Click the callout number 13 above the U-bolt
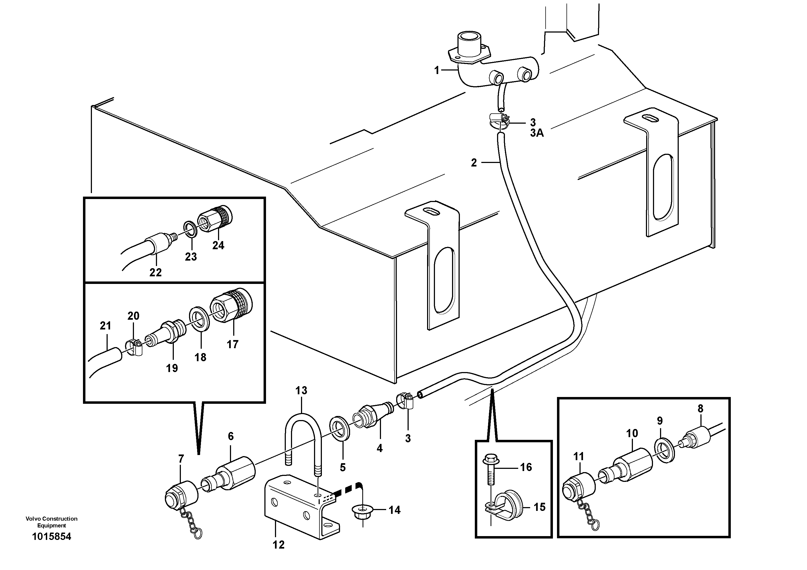[301, 390]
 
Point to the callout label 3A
[537, 133]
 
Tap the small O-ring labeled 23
[190, 229]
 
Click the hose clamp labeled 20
[134, 346]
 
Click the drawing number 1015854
[51, 537]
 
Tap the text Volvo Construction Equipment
[51, 522]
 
